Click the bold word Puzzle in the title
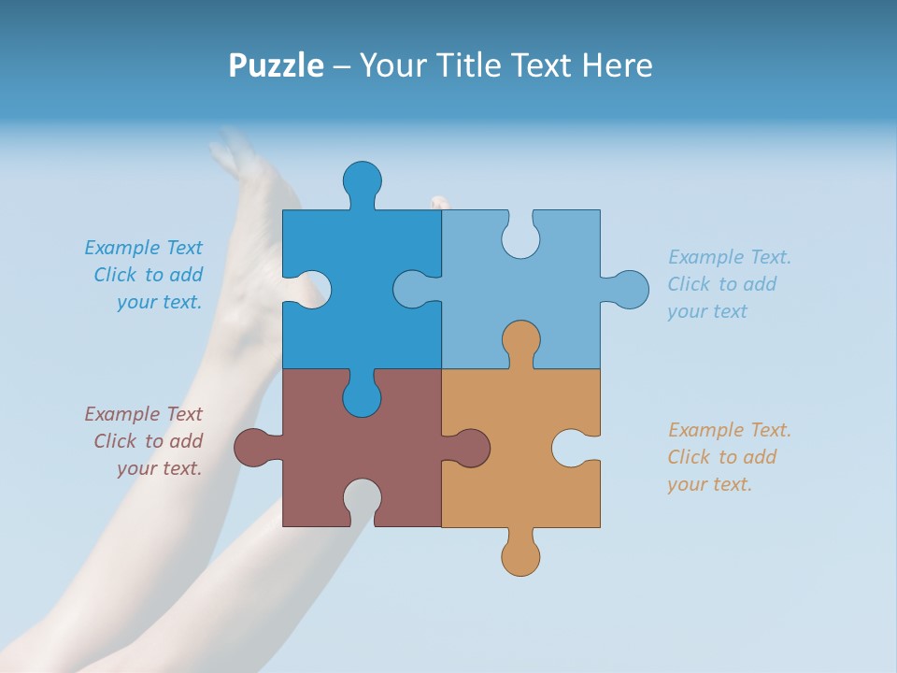(277, 65)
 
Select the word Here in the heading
(617, 65)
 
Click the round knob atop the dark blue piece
(362, 179)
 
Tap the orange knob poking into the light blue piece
(520, 340)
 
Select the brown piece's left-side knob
(253, 448)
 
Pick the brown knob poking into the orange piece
(470, 448)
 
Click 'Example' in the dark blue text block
(122, 248)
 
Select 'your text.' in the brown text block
(159, 468)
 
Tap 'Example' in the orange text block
(706, 430)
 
